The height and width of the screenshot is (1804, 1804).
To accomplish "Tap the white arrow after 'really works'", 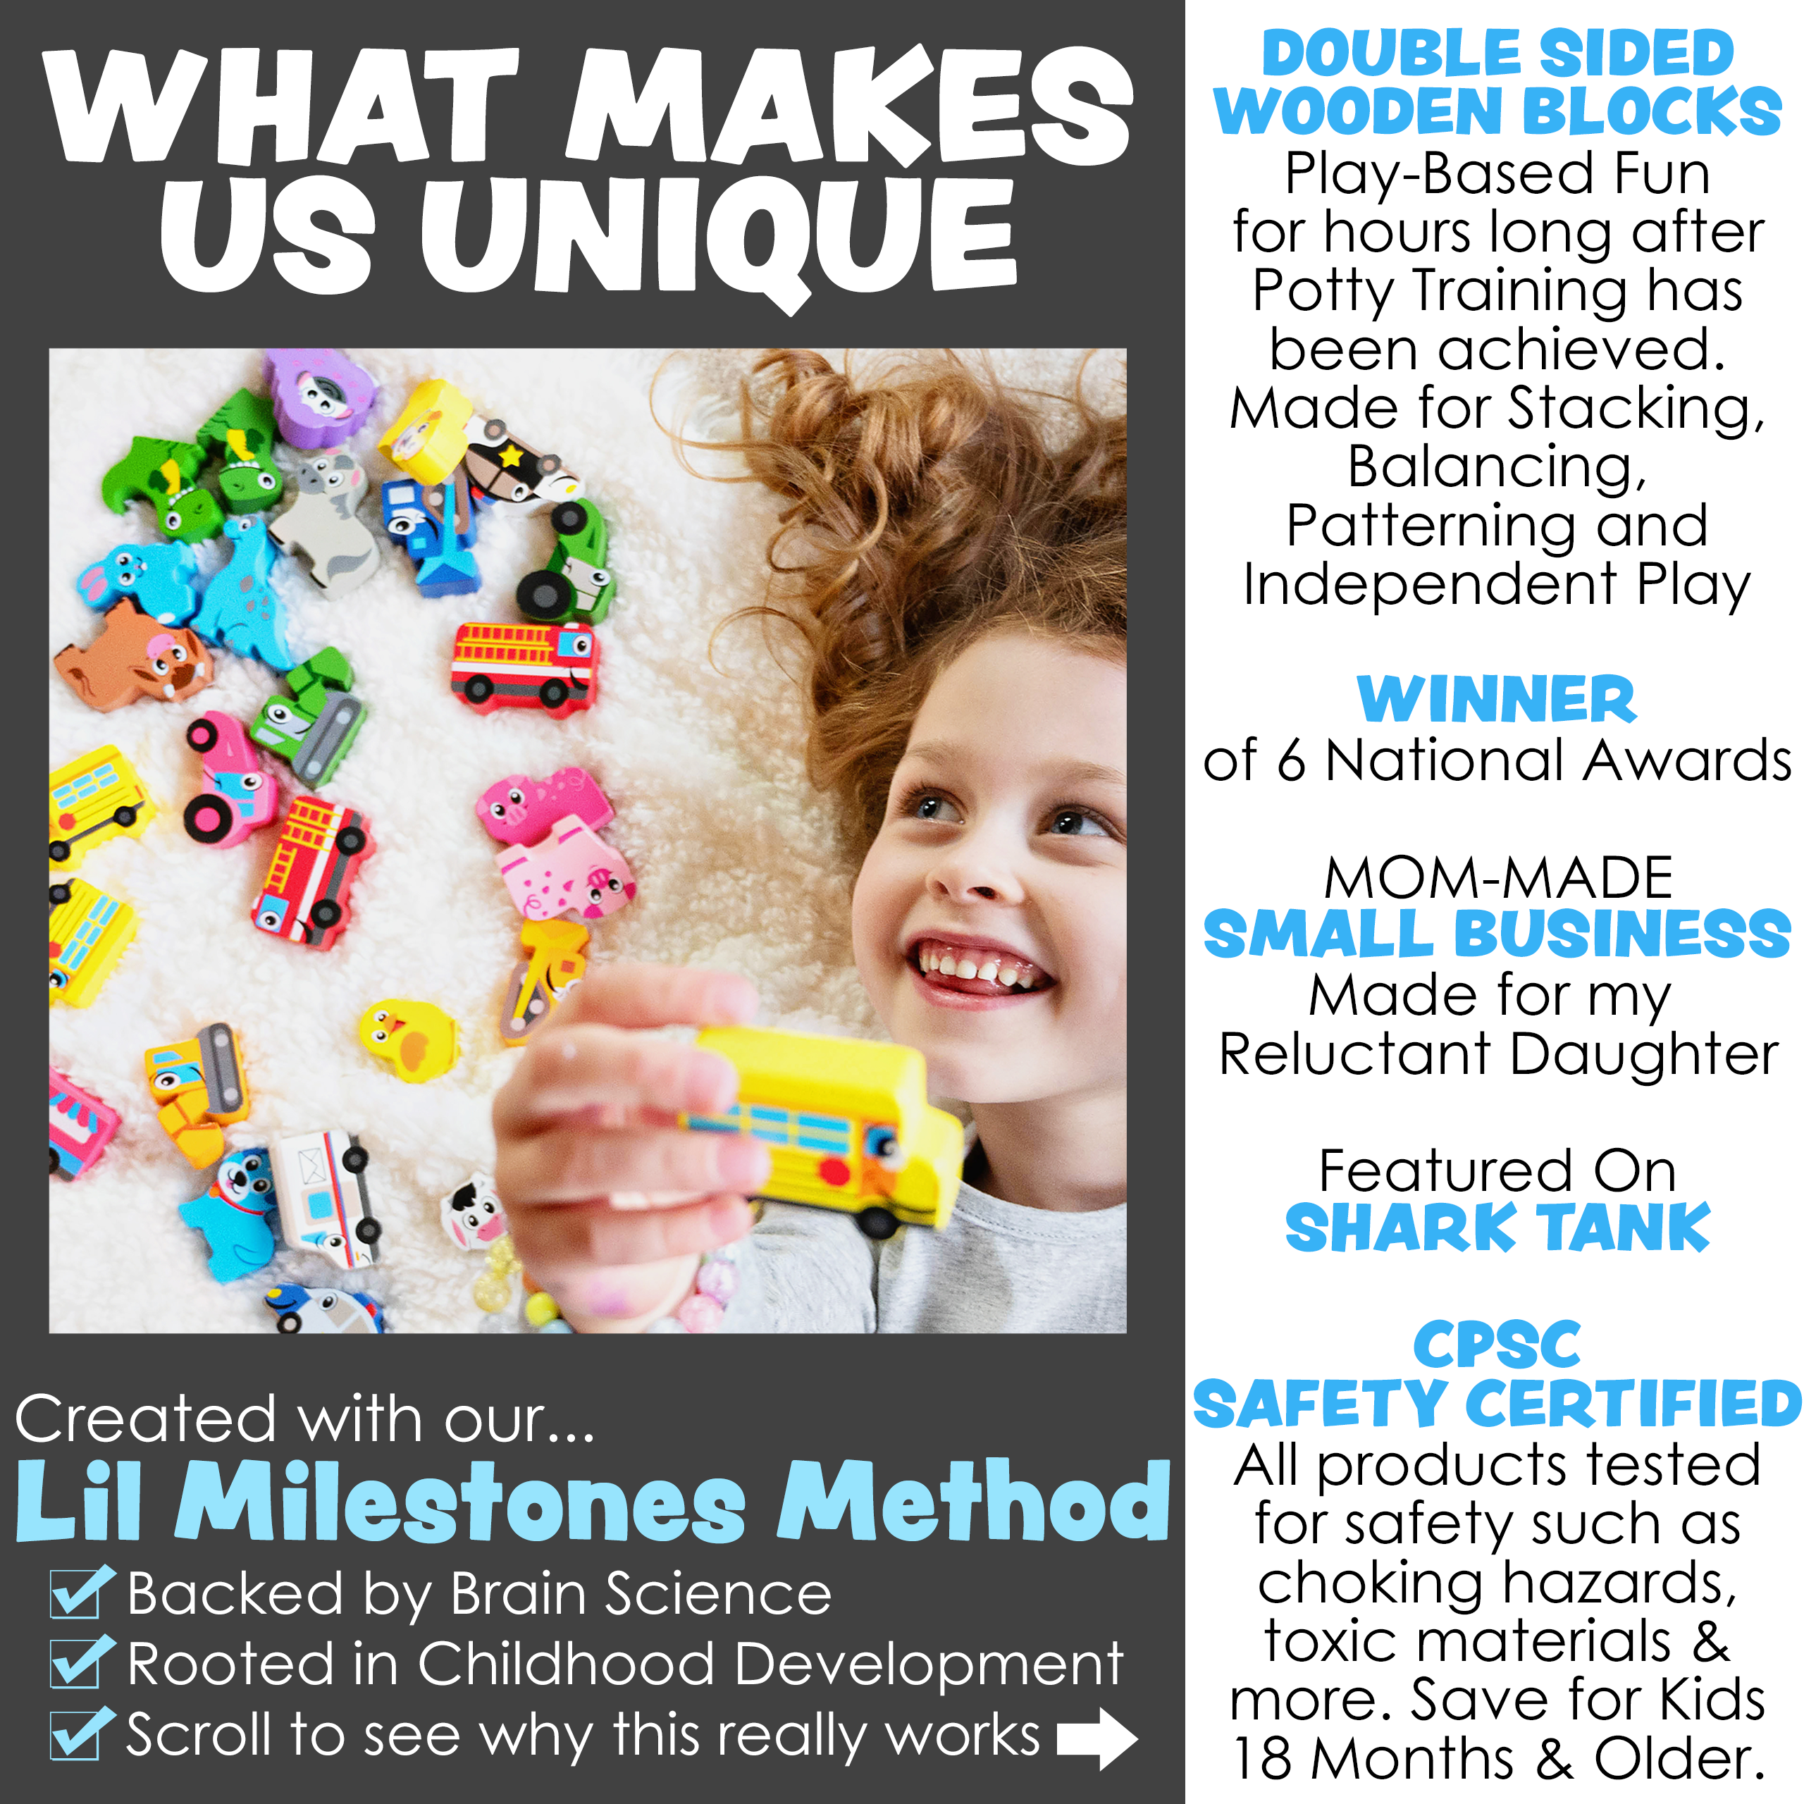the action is coord(1097,1738).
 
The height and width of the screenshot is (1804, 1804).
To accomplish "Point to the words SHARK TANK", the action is coord(1497,1227).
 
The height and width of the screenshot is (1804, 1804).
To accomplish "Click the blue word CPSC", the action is coord(1497,1345).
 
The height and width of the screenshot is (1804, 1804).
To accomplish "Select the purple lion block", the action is coord(319,397).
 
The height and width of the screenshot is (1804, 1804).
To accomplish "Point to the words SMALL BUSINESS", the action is coord(1497,934).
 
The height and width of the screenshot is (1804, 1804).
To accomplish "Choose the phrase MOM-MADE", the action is coord(1497,878).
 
